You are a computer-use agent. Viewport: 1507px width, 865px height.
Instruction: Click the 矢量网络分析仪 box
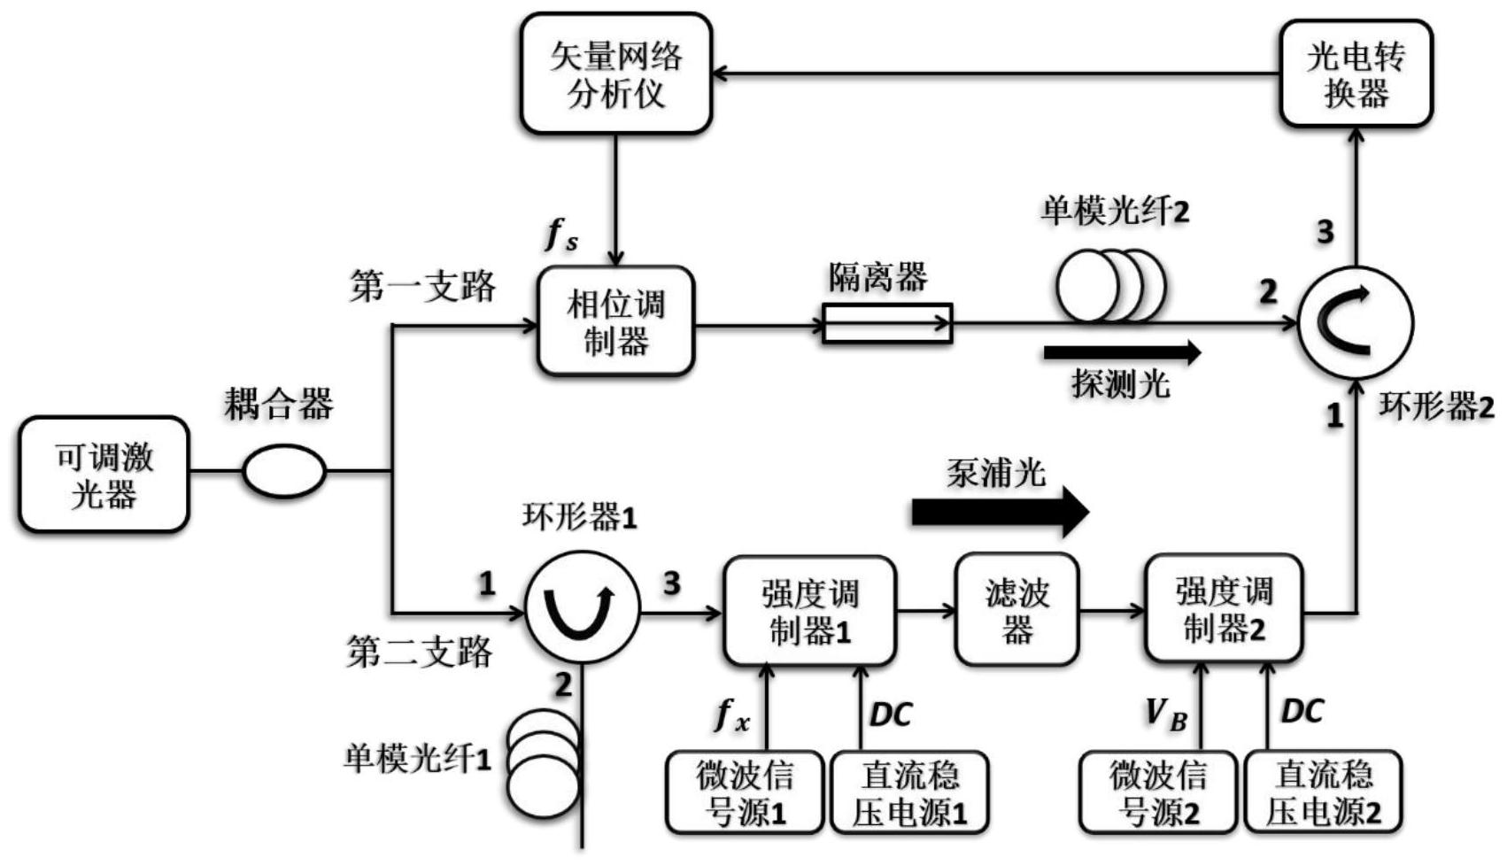(616, 74)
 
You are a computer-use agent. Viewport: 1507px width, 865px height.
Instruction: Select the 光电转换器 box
(1356, 74)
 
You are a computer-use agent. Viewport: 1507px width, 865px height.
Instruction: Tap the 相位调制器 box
(616, 321)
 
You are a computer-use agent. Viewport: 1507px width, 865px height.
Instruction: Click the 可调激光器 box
(104, 475)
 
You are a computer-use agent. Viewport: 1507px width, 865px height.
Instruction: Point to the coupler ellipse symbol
(284, 471)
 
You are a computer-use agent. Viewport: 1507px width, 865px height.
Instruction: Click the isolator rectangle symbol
(887, 323)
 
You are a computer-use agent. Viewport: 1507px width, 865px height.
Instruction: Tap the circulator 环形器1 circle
(582, 609)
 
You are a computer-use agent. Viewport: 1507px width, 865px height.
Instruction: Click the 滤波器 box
(1017, 610)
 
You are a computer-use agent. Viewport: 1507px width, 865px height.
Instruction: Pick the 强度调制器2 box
(1224, 609)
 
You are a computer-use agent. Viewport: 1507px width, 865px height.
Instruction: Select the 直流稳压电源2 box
(1323, 792)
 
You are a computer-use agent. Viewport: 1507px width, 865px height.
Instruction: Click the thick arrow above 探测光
(1122, 353)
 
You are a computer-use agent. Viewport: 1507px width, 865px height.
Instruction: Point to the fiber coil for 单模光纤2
(1110, 286)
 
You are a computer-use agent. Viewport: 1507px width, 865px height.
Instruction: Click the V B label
(1166, 714)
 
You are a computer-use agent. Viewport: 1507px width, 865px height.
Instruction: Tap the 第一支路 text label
(422, 286)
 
